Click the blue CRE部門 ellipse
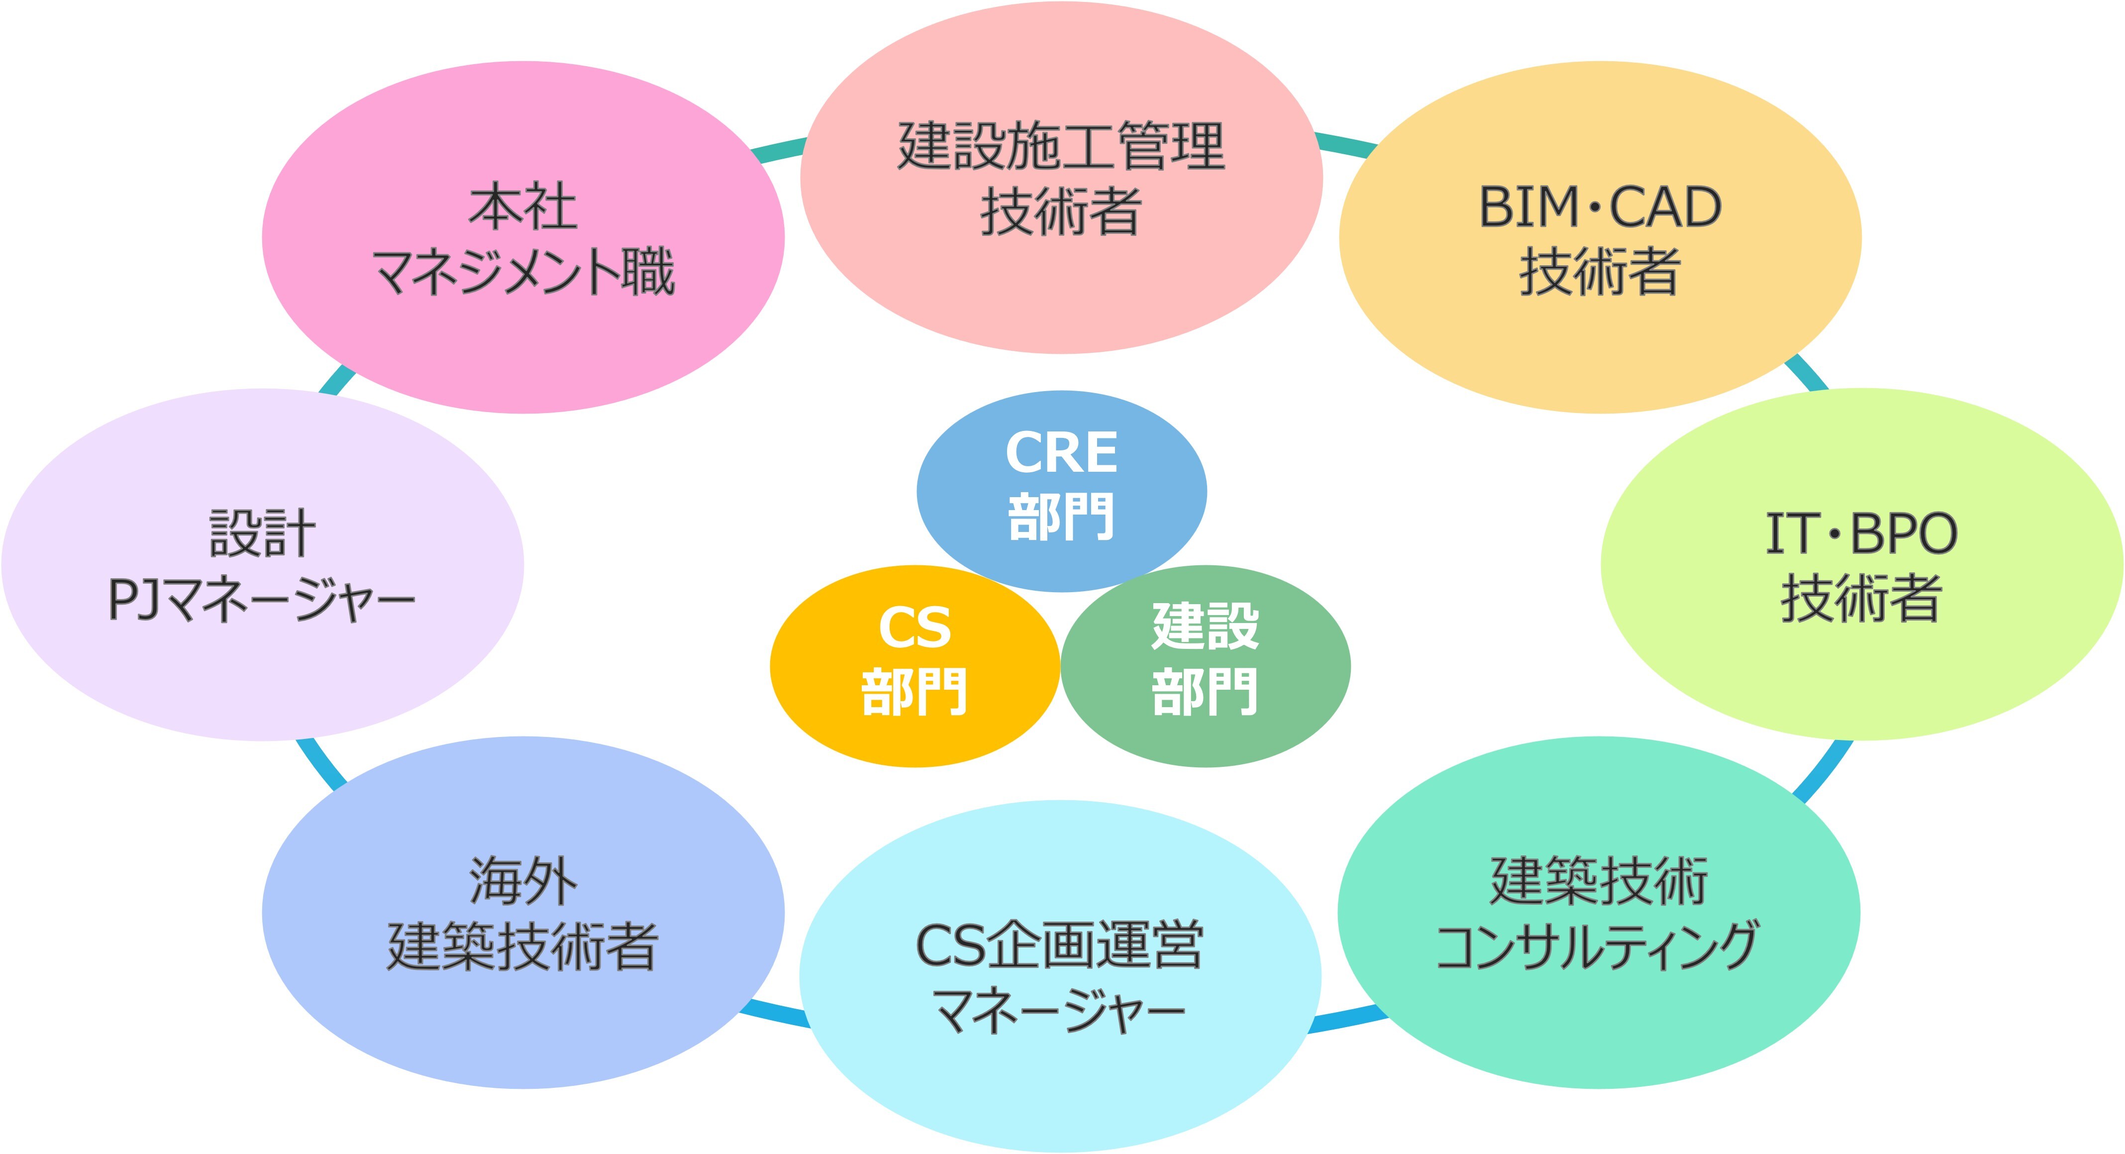pos(1062,492)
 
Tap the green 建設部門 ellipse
pos(1205,666)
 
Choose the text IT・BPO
pos(1861,533)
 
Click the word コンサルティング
pos(1598,946)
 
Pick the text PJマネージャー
pos(262,600)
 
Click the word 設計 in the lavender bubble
pos(262,533)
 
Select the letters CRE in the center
pos(1062,453)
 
